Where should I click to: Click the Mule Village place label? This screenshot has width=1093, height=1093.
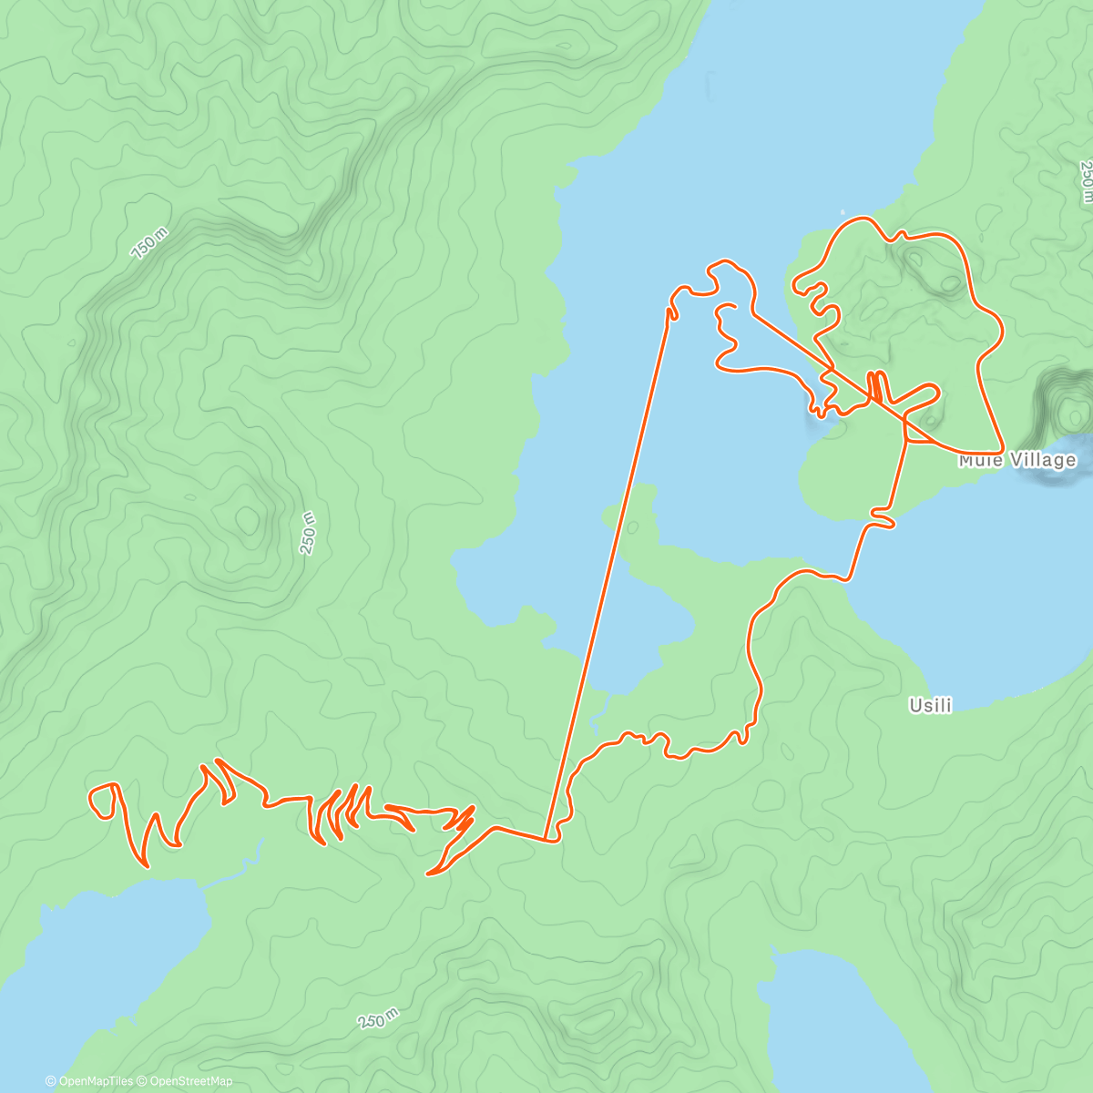[1016, 461]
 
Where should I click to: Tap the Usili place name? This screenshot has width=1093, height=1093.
[930, 705]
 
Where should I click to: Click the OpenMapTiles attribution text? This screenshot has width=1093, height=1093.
[95, 1081]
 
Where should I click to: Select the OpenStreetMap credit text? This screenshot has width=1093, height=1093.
[190, 1081]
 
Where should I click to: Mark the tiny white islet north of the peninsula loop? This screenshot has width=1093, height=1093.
[843, 212]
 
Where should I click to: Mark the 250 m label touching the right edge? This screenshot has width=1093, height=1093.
[1085, 180]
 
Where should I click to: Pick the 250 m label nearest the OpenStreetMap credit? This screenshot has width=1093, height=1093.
[378, 1017]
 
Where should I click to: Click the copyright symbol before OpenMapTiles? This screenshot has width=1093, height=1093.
[50, 1081]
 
